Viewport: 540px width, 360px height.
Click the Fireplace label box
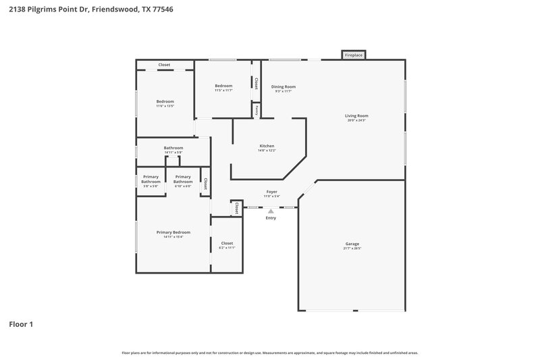click(x=354, y=55)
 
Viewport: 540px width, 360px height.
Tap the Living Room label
click(x=357, y=115)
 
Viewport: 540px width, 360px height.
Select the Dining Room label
click(x=283, y=86)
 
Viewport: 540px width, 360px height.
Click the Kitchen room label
click(x=267, y=147)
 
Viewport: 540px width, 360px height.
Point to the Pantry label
click(x=256, y=110)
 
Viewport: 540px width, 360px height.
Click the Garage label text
click(x=351, y=243)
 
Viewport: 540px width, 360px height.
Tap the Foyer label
click(x=271, y=192)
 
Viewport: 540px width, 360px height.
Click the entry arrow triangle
click(x=271, y=211)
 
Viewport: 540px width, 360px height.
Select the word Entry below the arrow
click(x=271, y=218)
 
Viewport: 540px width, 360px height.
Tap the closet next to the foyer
click(x=237, y=208)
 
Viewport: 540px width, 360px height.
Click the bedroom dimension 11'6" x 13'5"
click(x=165, y=106)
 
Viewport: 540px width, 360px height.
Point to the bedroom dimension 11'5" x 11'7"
click(x=223, y=91)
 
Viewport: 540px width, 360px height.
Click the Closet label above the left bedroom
click(x=164, y=65)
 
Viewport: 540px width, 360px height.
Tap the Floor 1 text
click(x=21, y=324)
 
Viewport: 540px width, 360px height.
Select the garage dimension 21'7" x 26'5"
click(x=351, y=248)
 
